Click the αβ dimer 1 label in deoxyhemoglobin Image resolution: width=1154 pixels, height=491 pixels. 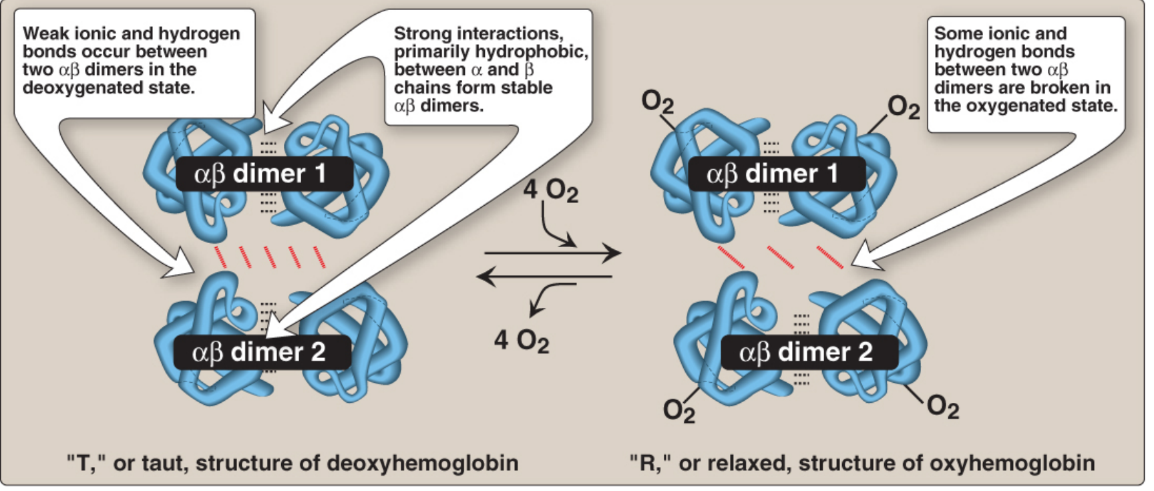click(x=263, y=174)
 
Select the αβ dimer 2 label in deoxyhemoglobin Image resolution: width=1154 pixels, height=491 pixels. click(x=262, y=352)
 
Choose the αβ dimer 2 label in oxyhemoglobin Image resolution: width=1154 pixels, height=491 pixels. click(x=809, y=352)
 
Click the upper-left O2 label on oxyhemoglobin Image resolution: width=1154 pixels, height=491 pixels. click(x=658, y=102)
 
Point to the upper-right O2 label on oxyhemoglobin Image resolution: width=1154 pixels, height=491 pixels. click(x=904, y=107)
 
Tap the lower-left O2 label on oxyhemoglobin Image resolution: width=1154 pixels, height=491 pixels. click(x=679, y=410)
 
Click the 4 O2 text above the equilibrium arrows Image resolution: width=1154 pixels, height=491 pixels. click(x=551, y=190)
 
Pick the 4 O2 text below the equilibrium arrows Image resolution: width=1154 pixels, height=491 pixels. click(x=522, y=341)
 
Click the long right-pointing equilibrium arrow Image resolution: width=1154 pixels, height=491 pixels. click(x=553, y=253)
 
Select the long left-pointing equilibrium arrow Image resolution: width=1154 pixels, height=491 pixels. click(x=545, y=276)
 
